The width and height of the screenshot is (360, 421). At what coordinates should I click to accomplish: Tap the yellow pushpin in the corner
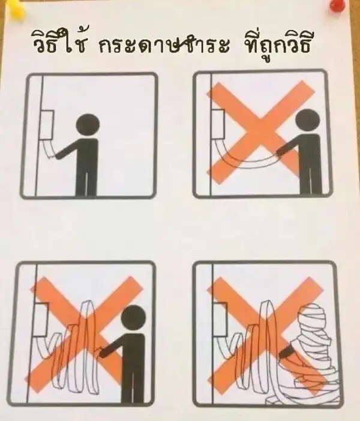click(x=16, y=7)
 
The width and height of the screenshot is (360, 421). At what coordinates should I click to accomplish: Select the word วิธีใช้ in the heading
click(x=59, y=43)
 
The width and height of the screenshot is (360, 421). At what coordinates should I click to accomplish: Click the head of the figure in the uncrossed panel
click(x=88, y=126)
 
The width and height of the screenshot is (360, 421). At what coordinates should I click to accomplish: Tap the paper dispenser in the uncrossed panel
click(x=47, y=125)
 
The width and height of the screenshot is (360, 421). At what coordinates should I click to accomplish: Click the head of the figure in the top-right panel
click(x=308, y=121)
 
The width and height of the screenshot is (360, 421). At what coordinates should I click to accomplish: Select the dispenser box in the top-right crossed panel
click(x=218, y=124)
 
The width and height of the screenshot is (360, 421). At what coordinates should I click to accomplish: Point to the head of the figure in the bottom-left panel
click(x=133, y=318)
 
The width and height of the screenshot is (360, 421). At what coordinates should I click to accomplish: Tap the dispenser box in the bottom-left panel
click(x=41, y=320)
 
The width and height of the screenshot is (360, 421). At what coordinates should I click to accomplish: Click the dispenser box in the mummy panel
click(x=221, y=319)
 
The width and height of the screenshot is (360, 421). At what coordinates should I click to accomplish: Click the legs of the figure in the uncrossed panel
click(x=86, y=182)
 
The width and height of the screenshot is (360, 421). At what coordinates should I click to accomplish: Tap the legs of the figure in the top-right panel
click(x=311, y=180)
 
